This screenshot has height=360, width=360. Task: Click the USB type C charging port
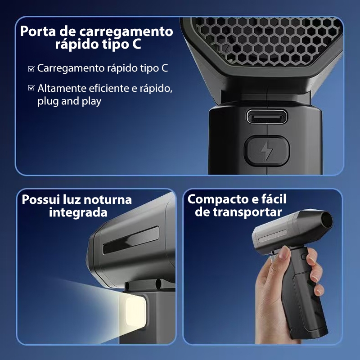266,117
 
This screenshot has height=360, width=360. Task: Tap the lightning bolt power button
266,151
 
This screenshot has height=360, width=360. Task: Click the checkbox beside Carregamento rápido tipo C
31,69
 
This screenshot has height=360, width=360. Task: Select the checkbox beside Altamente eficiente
31,88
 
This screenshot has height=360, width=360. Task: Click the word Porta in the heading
38,31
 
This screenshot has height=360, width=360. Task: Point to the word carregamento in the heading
126,32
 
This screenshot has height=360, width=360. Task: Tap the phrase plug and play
69,101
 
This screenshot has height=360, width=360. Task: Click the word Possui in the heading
40,199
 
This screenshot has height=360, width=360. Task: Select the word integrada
78,212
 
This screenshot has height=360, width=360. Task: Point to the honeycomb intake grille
266,41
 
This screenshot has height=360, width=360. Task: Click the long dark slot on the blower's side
131,240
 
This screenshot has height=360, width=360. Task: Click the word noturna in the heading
108,199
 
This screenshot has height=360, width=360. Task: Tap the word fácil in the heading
274,199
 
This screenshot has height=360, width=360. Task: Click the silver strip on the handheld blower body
273,235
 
